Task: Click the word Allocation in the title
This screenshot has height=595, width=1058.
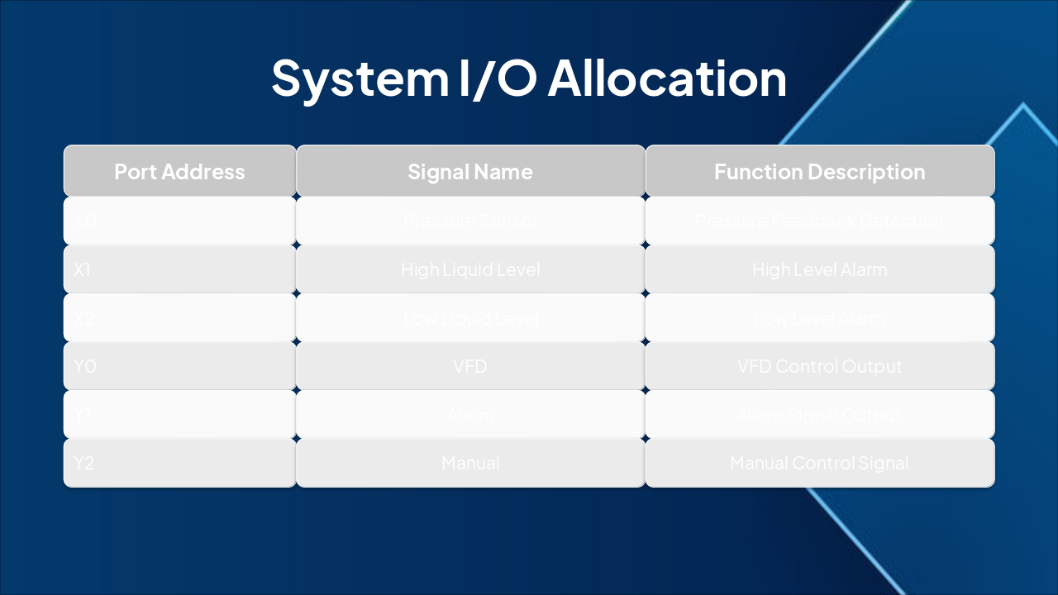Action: [667, 78]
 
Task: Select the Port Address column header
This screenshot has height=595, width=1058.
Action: [179, 172]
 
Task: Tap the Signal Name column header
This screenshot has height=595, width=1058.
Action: [469, 172]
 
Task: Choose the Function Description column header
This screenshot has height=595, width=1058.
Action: [819, 172]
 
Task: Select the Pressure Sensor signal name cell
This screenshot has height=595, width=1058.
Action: [469, 221]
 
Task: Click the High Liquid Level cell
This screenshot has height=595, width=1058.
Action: [469, 269]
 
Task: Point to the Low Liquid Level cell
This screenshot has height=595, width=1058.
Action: [469, 318]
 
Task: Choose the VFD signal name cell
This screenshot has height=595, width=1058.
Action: [469, 366]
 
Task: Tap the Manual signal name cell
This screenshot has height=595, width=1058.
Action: [469, 464]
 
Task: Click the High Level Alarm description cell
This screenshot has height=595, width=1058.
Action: [819, 269]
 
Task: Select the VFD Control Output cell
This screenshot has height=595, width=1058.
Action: [819, 366]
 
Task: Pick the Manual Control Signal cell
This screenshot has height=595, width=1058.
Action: [819, 464]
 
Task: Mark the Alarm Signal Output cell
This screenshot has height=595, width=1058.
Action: [819, 415]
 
